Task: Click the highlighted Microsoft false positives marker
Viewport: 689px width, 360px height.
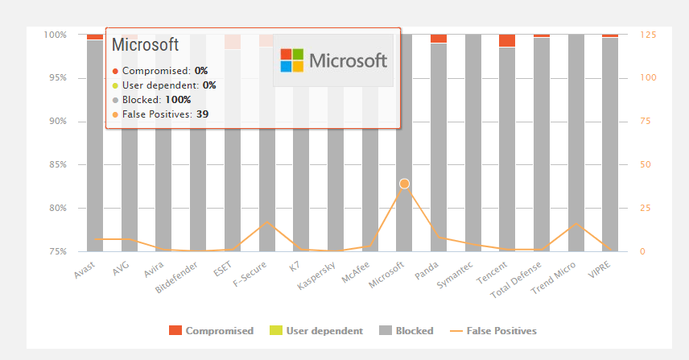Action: [404, 184]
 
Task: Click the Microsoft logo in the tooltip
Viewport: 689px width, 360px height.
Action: [333, 60]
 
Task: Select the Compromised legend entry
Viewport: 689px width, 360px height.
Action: [211, 331]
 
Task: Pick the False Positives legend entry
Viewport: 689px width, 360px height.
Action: [493, 331]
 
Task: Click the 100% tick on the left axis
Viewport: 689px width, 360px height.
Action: [55, 35]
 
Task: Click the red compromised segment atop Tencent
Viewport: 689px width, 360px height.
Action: [507, 41]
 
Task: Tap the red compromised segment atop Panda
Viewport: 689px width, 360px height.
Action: [439, 39]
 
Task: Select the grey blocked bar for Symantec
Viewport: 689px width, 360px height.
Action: [473, 145]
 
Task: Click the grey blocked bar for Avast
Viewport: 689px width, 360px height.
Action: [95, 145]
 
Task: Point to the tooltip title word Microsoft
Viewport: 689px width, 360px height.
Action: [145, 45]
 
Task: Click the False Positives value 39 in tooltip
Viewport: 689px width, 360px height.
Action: [203, 114]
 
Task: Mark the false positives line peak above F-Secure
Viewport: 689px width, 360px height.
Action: [267, 221]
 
